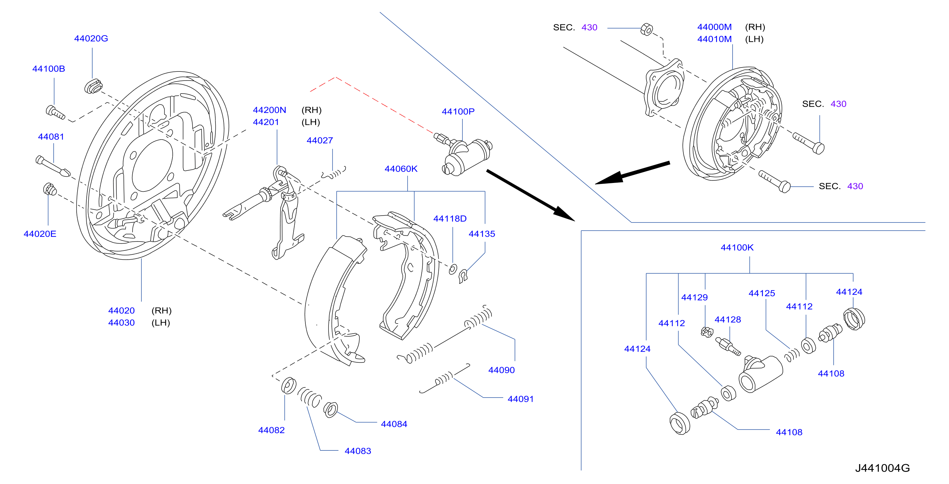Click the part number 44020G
(x=91, y=38)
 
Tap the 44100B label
(x=49, y=69)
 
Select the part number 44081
(x=51, y=137)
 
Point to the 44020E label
(x=40, y=234)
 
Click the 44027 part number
(x=320, y=141)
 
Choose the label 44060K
(x=401, y=169)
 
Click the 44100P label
(x=458, y=112)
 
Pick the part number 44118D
(x=450, y=219)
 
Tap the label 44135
(x=482, y=234)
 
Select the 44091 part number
(x=520, y=399)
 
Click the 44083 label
(x=358, y=451)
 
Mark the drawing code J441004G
(x=882, y=468)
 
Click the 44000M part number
(x=714, y=27)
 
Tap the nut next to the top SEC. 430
(x=647, y=29)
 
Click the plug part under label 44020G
(x=93, y=86)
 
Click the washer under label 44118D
(x=453, y=269)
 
